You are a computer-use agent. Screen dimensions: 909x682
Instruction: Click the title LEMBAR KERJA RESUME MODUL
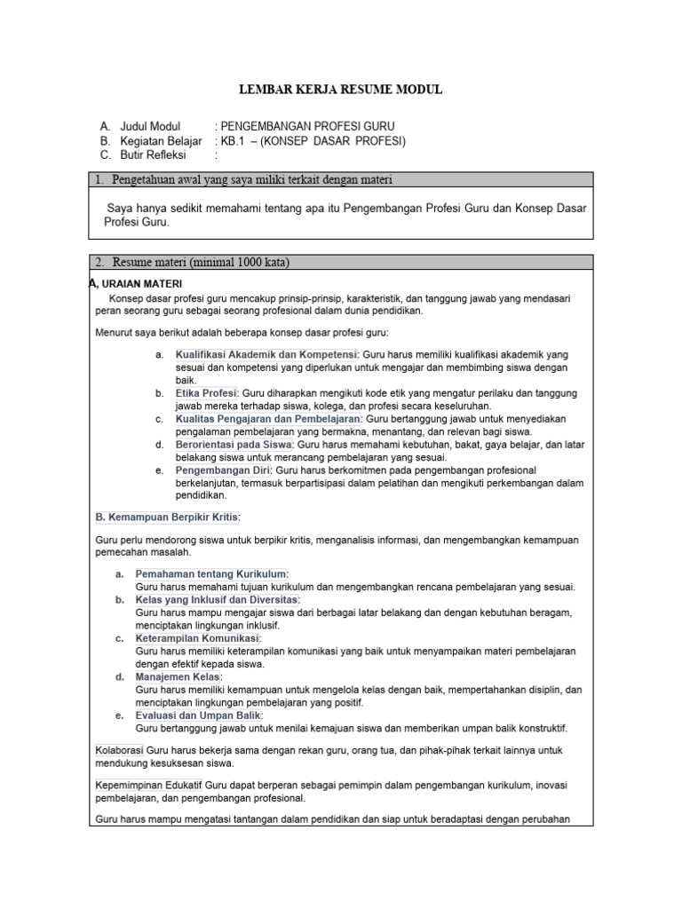(341, 90)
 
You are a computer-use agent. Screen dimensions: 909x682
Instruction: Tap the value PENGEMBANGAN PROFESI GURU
(306, 126)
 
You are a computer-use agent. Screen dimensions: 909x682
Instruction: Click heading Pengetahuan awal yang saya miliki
(252, 181)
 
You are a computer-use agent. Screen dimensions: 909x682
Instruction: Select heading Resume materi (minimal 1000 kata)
(201, 262)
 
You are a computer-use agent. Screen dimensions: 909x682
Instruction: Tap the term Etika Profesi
(206, 392)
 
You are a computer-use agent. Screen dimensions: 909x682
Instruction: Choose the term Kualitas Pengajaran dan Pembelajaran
(268, 418)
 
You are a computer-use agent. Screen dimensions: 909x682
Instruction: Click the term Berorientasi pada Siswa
(234, 444)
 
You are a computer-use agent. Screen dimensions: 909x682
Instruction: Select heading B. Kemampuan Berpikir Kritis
(167, 517)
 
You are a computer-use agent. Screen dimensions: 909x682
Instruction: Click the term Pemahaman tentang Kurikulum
(211, 574)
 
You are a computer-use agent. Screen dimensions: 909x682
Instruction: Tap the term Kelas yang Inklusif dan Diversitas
(218, 600)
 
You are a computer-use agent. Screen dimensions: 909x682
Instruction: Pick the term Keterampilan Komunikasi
(197, 638)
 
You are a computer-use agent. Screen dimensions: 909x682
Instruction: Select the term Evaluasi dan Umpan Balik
(199, 715)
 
